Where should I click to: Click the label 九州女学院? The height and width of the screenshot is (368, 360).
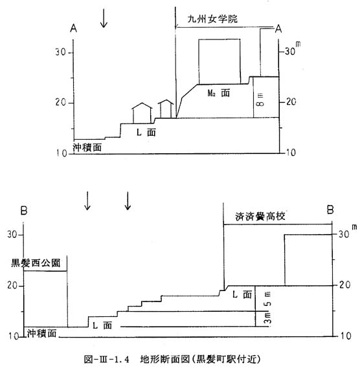point(212,19)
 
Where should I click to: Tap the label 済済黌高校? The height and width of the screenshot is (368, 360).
point(260,216)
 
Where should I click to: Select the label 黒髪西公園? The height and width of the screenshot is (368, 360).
point(36,263)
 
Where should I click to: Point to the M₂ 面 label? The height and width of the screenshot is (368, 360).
point(219,93)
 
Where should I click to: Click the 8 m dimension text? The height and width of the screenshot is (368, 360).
point(260,100)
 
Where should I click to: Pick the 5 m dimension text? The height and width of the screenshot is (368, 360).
point(267,299)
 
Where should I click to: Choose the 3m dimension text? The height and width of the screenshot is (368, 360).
point(267,318)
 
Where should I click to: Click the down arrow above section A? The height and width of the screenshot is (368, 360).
point(104,18)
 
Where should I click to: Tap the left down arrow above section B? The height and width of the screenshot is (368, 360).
point(87,200)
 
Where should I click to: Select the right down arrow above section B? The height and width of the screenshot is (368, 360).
point(128,200)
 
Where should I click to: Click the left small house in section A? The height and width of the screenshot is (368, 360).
point(142,113)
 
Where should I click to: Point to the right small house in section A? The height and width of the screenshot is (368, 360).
point(166,109)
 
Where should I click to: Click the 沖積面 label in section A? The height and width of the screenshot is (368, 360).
point(87,147)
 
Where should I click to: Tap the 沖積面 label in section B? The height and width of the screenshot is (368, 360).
point(42,333)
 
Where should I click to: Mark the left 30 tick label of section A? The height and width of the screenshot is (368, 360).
point(60,52)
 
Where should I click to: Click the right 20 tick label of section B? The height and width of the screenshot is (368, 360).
point(345,285)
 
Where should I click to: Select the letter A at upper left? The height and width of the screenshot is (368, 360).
point(74,28)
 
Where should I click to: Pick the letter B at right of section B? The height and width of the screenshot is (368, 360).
point(330,210)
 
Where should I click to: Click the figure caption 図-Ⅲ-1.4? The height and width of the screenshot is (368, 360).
point(107,359)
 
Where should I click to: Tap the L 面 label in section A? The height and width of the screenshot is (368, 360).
point(146,133)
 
